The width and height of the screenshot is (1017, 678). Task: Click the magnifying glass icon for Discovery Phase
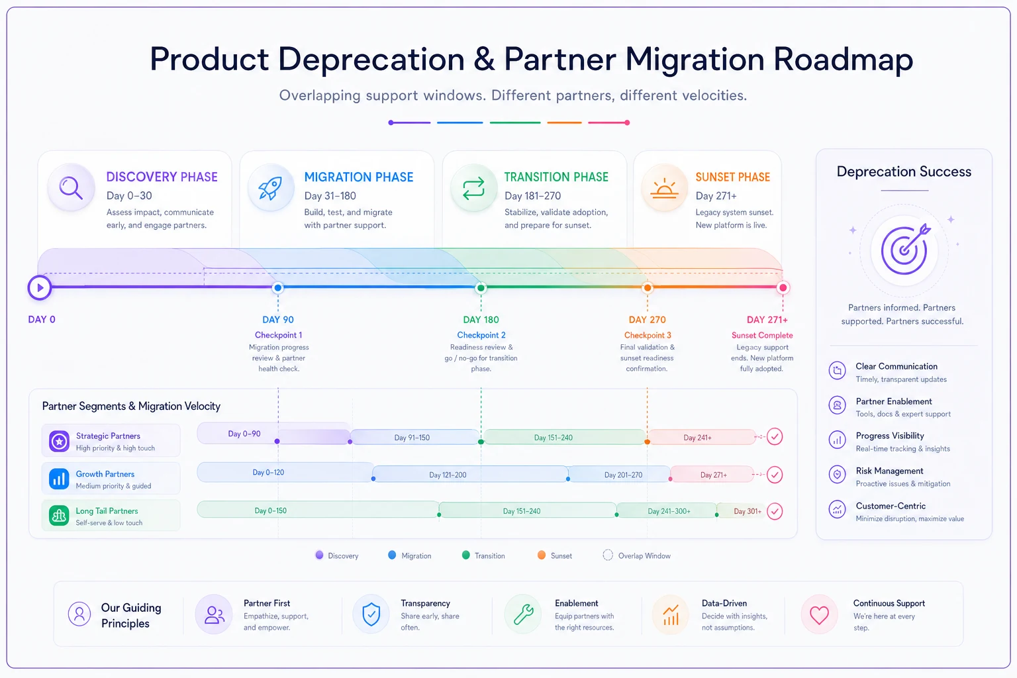tap(71, 187)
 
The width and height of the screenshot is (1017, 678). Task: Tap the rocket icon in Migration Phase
tap(270, 188)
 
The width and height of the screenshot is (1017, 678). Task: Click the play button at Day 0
tap(40, 287)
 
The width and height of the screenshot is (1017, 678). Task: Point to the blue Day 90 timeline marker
tap(278, 287)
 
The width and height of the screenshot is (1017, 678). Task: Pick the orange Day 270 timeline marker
tap(648, 287)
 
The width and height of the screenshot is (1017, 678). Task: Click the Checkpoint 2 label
tap(481, 335)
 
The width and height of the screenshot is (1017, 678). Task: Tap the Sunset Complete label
tap(762, 335)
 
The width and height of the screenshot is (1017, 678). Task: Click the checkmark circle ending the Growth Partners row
tap(775, 475)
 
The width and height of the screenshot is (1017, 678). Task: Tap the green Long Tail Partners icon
tap(59, 515)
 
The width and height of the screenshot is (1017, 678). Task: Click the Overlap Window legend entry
tap(636, 556)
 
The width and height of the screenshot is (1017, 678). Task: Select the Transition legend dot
tap(466, 555)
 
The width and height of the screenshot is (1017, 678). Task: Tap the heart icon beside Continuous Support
tap(819, 615)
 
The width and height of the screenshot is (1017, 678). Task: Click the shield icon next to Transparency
tap(371, 614)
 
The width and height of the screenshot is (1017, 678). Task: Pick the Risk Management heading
tap(889, 471)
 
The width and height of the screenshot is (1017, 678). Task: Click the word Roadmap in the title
tap(843, 60)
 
